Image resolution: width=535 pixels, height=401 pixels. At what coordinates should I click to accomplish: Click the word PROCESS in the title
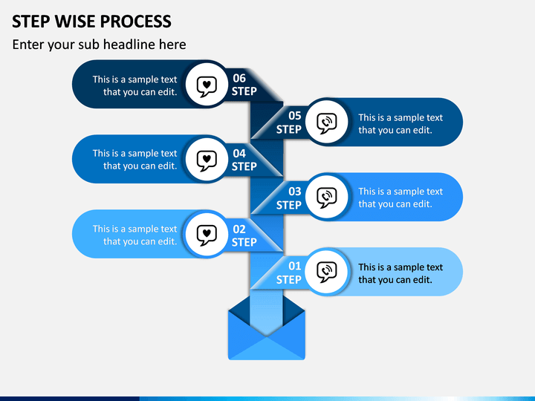(x=136, y=22)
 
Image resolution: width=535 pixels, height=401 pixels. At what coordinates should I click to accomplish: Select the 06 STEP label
(x=244, y=85)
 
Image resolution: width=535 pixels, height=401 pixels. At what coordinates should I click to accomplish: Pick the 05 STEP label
(x=289, y=123)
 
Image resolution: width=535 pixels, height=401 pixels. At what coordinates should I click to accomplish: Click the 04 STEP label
(x=244, y=160)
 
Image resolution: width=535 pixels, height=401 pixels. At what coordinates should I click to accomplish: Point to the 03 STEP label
(x=289, y=198)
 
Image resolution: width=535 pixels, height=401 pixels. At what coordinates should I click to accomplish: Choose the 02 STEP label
(x=244, y=235)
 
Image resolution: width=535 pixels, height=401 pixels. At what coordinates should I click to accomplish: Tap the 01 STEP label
(x=289, y=273)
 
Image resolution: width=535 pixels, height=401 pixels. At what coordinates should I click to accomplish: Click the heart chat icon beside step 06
(x=207, y=86)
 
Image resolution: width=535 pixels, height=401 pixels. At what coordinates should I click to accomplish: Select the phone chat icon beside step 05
(x=327, y=123)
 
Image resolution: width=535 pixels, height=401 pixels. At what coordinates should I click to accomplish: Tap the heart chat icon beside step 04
(x=207, y=160)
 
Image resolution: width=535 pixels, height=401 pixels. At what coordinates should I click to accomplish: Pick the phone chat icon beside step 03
(x=327, y=198)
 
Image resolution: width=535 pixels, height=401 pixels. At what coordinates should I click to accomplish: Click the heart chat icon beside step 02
(x=207, y=235)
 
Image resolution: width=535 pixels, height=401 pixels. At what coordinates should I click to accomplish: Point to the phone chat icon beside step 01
(x=327, y=272)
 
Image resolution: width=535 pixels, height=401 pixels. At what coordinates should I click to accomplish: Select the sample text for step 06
(x=134, y=85)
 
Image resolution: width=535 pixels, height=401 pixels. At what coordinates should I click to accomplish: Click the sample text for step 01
(x=401, y=273)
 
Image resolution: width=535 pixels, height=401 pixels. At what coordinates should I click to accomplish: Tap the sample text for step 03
(x=401, y=198)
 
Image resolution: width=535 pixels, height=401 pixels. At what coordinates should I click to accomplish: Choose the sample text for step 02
(x=134, y=235)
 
